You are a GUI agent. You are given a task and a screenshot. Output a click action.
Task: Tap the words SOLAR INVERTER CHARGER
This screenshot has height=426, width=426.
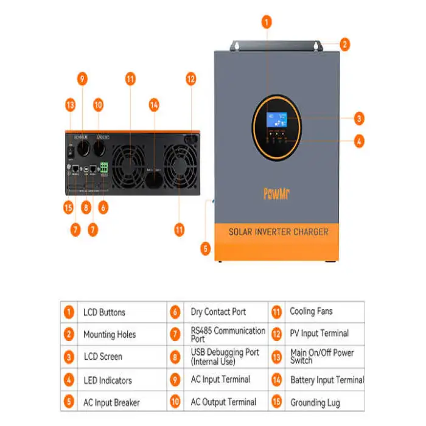[278, 232]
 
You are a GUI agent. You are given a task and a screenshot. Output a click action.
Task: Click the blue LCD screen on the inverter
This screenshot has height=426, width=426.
[278, 119]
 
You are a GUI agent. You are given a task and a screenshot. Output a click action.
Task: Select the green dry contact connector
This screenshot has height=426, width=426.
[103, 169]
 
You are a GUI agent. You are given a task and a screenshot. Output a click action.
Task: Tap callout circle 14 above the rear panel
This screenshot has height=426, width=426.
[155, 105]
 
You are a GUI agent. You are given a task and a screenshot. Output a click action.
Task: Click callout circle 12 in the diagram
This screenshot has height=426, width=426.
[191, 79]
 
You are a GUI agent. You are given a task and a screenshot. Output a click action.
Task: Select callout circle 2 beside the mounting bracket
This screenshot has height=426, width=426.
[344, 44]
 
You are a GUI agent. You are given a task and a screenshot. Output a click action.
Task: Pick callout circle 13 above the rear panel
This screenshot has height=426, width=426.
[71, 105]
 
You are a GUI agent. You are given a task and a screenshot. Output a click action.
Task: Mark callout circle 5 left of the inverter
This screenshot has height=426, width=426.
[205, 248]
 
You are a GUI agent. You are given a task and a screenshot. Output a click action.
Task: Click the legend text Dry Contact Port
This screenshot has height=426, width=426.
[218, 312]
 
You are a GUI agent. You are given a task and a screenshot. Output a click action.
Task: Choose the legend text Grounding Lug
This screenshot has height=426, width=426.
[315, 403]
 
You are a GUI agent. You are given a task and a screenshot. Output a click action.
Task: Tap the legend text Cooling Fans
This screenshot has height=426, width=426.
[311, 312]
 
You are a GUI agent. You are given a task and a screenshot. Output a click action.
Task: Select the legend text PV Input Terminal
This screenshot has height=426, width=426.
[319, 333]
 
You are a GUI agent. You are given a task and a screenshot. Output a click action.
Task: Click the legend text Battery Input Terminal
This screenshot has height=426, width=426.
[327, 380]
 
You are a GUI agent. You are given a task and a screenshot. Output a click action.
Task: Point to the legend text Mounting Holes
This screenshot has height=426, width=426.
[110, 334]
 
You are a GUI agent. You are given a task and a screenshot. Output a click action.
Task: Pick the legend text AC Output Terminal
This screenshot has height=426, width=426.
[223, 402]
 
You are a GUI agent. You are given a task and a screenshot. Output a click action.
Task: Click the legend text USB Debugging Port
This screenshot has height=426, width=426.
[224, 357]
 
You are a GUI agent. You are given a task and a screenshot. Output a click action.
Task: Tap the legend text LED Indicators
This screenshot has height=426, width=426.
[107, 380]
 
